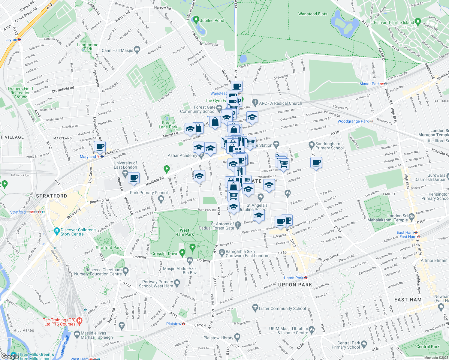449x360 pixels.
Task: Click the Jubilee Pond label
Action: coord(212,21)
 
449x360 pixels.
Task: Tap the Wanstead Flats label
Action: coord(312,14)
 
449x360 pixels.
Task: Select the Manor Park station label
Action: coord(369,84)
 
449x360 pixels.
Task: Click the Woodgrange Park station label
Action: coord(353,121)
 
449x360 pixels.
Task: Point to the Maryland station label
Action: coord(88,157)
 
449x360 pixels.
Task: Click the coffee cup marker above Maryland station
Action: coord(100,147)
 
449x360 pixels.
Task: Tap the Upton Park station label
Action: coord(294,278)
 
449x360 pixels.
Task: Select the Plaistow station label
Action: coord(174,324)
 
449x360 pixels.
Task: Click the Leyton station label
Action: coord(11,40)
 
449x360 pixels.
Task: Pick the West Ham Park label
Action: coord(185,232)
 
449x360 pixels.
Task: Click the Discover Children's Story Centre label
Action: coord(78,232)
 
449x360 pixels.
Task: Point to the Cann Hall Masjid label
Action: coord(117,51)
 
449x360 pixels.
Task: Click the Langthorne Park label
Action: coord(88,47)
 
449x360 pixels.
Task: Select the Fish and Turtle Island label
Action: coord(394,22)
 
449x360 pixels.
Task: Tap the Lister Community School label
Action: coord(282,308)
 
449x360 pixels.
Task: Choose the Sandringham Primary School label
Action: coord(329,146)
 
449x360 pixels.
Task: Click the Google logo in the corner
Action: coord(10,356)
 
